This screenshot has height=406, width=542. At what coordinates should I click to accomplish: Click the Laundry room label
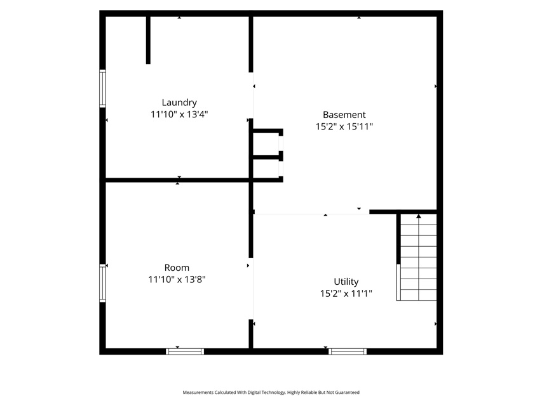pyautogui.click(x=179, y=103)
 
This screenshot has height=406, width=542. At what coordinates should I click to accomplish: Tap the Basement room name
pyautogui.click(x=344, y=115)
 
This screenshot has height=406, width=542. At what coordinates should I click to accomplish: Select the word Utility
pyautogui.click(x=346, y=282)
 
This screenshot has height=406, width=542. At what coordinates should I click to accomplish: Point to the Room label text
pyautogui.click(x=177, y=268)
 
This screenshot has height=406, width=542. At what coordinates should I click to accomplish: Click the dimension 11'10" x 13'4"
pyautogui.click(x=179, y=114)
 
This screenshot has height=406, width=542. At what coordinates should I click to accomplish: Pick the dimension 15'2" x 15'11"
pyautogui.click(x=344, y=126)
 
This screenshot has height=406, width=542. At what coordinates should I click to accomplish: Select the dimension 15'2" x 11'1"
pyautogui.click(x=346, y=294)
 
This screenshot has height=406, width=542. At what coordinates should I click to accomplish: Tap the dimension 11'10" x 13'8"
pyautogui.click(x=177, y=279)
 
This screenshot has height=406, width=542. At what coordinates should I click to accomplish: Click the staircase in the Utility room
pyautogui.click(x=417, y=257)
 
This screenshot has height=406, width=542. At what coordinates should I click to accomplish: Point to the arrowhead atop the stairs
pyautogui.click(x=419, y=216)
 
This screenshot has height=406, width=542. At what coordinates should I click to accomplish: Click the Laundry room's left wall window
pyautogui.click(x=103, y=88)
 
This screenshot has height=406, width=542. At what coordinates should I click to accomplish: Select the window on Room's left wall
pyautogui.click(x=103, y=283)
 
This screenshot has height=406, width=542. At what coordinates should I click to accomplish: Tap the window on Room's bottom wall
pyautogui.click(x=185, y=351)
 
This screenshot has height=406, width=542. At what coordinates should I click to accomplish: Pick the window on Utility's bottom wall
pyautogui.click(x=348, y=351)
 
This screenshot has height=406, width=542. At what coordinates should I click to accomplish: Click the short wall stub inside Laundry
pyautogui.click(x=148, y=40)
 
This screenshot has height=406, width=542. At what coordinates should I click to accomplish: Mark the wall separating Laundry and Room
pyautogui.click(x=177, y=180)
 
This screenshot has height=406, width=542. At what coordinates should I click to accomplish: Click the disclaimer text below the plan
pyautogui.click(x=271, y=392)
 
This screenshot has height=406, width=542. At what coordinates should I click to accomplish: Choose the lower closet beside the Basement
pyautogui.click(x=266, y=169)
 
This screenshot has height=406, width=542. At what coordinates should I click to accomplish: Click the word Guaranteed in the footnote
pyautogui.click(x=348, y=392)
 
